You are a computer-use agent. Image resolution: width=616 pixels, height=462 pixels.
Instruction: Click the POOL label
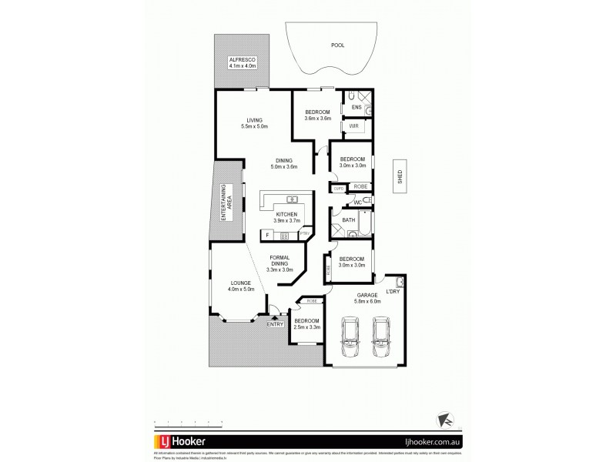click(x=337, y=45)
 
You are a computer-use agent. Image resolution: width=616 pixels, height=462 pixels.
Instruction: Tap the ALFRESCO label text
click(x=242, y=59)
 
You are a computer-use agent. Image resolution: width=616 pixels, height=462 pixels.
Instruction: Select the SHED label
click(x=400, y=176)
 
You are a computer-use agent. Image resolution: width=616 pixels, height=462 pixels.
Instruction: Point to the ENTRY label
click(x=275, y=324)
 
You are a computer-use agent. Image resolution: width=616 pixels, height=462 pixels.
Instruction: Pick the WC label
click(x=358, y=202)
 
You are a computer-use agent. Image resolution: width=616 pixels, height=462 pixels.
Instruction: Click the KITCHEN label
click(x=286, y=214)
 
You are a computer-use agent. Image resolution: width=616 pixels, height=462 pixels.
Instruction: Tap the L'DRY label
click(x=393, y=290)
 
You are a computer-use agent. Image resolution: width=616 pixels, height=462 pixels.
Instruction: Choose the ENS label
click(x=357, y=107)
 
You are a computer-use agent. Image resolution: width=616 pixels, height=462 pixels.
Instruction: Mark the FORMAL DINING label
click(x=278, y=259)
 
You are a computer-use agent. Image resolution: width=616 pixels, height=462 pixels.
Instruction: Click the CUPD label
click(x=338, y=188)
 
